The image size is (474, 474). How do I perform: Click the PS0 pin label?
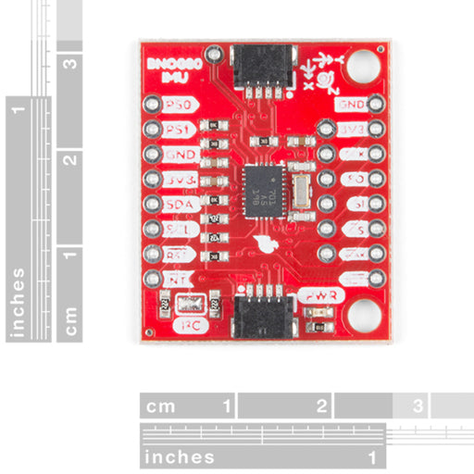pyautogui.click(x=176, y=105)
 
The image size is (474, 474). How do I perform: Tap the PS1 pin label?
pyautogui.click(x=176, y=129)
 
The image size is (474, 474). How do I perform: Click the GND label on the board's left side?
pyautogui.click(x=176, y=154)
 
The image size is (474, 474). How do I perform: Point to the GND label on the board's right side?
pyautogui.click(x=353, y=105)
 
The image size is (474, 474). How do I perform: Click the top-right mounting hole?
pyautogui.click(x=364, y=68)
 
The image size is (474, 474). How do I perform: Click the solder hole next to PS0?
pyautogui.click(x=153, y=105)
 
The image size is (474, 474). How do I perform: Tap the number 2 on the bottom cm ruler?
pyautogui.click(x=321, y=405)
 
